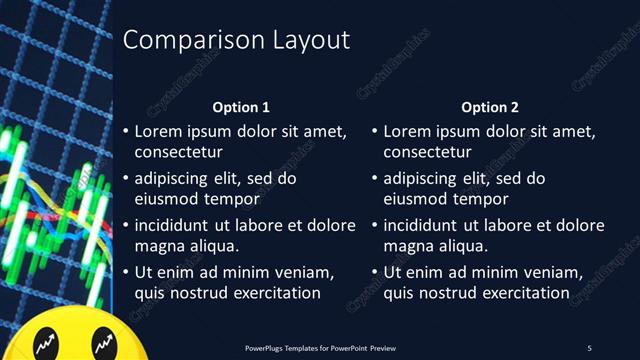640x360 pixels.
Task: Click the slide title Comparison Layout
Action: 236,41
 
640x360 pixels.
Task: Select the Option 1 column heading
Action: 241,107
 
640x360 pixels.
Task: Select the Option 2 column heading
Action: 490,107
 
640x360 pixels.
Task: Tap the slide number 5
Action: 589,348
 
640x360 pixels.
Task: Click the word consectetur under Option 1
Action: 178,153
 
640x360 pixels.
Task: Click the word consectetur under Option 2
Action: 427,153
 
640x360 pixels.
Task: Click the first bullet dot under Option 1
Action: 126,132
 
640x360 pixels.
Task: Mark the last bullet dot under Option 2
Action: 375,272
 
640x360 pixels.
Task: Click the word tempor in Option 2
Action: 473,199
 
